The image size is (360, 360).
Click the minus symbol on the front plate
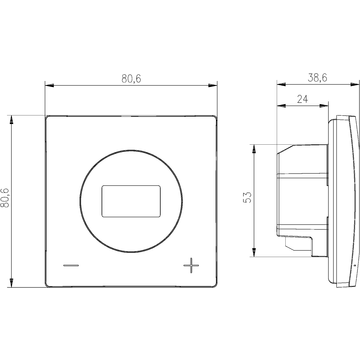70,266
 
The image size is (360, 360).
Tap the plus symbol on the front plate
192,265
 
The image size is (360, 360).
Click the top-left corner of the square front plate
48,117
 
